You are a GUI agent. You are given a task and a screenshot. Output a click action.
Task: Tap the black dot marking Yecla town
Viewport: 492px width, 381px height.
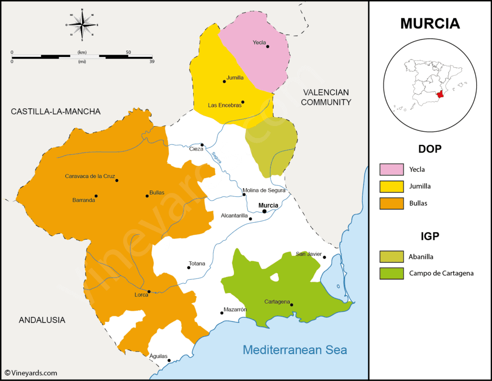click(268, 47)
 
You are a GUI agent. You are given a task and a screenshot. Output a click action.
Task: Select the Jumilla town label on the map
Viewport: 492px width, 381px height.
click(234, 77)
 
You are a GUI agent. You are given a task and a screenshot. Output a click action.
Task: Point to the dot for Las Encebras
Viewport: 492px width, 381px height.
click(243, 102)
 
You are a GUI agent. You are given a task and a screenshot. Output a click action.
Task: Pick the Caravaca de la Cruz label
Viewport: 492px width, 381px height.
click(90, 176)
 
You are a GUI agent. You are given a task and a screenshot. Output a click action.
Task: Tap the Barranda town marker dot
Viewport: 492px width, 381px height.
click(96, 196)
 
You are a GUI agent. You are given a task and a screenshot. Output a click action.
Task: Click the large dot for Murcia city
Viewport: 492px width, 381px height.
click(264, 211)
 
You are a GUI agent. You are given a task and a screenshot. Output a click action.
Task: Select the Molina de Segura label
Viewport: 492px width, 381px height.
click(264, 190)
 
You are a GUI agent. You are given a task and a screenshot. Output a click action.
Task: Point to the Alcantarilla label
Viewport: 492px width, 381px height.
click(234, 216)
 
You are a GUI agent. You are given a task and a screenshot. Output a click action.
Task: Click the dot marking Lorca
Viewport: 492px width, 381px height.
click(149, 292)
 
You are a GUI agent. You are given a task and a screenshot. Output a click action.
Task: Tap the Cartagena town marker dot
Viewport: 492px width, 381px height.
click(292, 305)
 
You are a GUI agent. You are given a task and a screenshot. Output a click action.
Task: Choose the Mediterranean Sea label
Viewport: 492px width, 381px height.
click(295, 350)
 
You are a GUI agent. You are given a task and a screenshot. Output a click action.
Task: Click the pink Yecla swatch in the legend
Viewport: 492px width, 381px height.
click(391, 169)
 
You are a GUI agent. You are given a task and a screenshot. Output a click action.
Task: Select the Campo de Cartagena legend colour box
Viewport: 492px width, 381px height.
click(391, 273)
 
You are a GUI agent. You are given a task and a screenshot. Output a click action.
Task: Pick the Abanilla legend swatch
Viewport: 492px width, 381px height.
click(391, 257)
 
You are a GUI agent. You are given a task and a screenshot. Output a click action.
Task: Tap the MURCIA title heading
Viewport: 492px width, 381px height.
click(430, 24)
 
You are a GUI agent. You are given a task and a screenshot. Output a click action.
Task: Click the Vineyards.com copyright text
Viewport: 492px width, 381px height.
click(31, 373)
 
